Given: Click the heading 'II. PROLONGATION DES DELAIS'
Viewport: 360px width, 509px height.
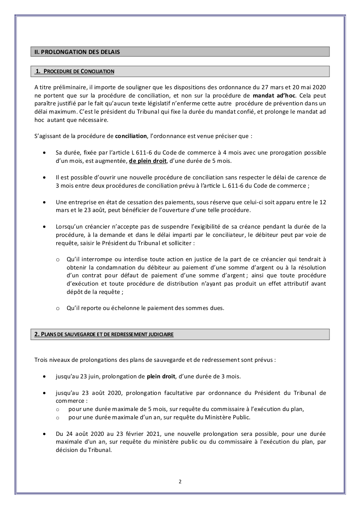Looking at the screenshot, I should [x=77, y=52].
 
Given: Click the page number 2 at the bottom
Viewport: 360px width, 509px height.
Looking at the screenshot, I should [x=180, y=482].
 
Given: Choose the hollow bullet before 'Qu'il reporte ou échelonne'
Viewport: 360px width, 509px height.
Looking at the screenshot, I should [x=58, y=309].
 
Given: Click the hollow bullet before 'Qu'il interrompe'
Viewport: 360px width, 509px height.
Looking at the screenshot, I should [x=58, y=260].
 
